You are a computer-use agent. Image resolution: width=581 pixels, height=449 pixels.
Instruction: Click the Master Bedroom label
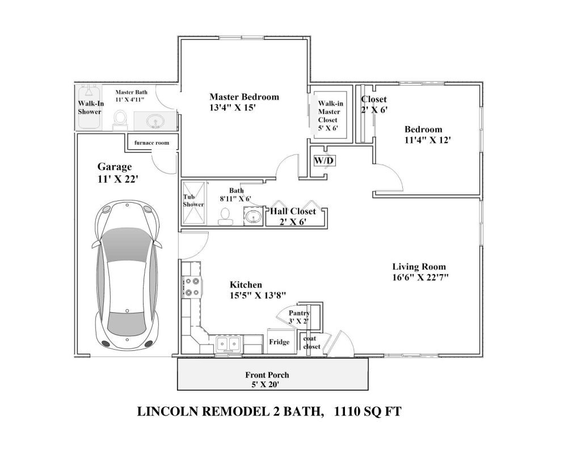244,96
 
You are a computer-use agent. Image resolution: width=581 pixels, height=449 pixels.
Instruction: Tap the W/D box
325,161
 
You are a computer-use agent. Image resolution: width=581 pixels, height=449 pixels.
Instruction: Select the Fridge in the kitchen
279,341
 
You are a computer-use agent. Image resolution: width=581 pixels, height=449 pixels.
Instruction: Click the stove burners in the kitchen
192,287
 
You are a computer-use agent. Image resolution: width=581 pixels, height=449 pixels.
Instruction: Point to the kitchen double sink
228,343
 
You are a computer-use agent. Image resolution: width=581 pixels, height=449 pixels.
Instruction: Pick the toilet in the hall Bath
225,216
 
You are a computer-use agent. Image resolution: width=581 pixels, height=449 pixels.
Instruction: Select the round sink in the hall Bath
253,216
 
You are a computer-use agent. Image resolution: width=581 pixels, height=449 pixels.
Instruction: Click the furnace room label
151,142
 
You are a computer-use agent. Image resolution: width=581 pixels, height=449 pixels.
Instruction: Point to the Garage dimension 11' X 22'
118,178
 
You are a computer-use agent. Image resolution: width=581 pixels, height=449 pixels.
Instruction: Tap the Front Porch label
267,375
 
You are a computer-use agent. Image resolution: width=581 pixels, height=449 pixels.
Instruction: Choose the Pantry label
299,313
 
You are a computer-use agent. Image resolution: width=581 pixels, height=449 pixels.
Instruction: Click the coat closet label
311,342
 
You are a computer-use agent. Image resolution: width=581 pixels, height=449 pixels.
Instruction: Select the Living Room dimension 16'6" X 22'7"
420,277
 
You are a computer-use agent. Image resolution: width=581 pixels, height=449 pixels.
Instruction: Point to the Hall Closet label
293,211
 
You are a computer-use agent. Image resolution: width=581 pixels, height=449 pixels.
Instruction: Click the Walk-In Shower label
91,107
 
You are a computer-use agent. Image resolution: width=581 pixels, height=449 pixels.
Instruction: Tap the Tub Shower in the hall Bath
193,203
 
